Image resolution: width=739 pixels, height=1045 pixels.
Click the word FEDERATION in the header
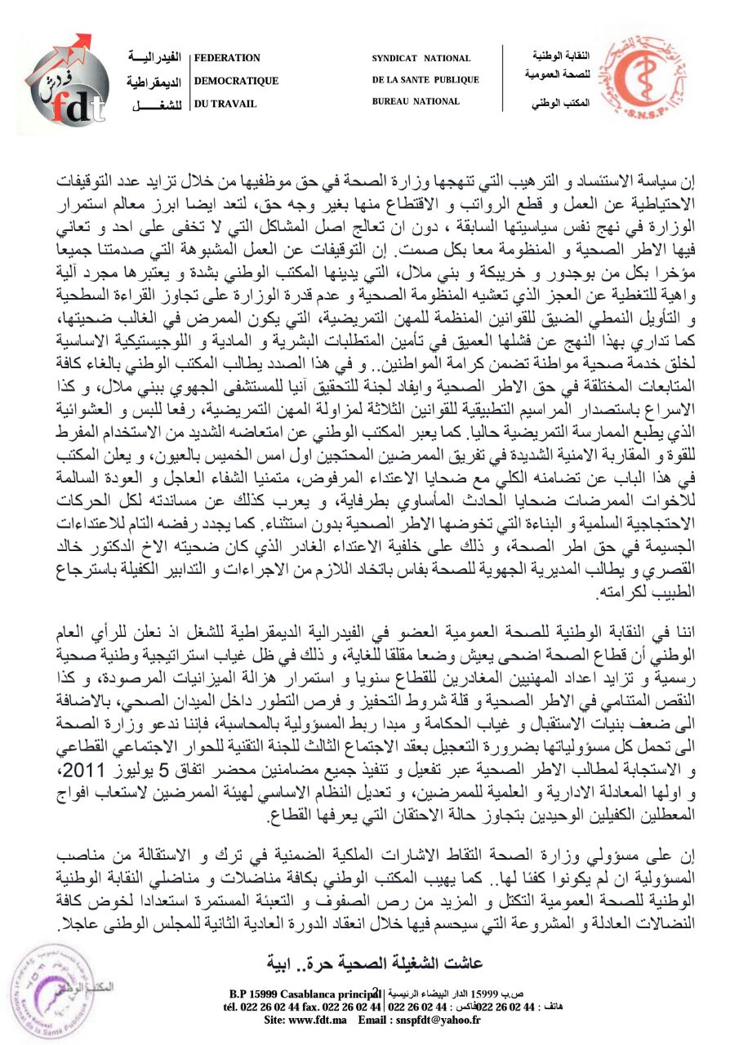pos(227,58)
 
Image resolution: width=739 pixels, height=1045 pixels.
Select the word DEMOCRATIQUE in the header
pos(236,81)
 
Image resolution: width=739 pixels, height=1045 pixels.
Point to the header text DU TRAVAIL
pos(225,104)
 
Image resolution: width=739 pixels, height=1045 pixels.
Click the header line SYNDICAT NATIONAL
pos(421,59)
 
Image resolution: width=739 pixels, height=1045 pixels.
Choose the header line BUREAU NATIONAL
pos(416,101)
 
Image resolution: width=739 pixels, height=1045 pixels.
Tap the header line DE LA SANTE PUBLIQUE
pos(425,80)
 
